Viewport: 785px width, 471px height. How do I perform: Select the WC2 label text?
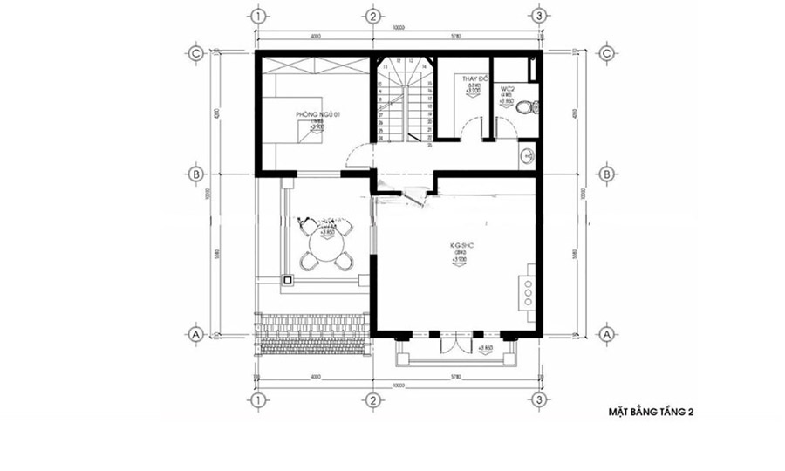[506, 89]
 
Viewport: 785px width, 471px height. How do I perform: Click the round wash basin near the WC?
[526, 157]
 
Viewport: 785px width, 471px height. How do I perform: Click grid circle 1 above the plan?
[256, 16]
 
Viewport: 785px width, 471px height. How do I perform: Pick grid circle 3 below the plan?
[539, 400]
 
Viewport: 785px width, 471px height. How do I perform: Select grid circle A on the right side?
[606, 334]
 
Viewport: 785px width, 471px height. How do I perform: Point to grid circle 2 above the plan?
[372, 16]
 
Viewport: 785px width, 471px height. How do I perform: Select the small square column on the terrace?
[287, 280]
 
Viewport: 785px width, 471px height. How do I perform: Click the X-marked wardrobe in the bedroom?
[310, 66]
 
